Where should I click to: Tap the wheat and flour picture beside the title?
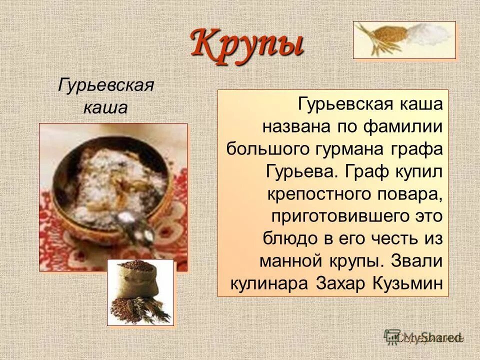(x=404, y=40)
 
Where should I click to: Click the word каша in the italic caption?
(x=105, y=107)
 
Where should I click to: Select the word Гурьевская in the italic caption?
(x=105, y=84)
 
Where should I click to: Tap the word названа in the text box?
(x=292, y=126)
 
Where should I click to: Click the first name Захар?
(x=342, y=283)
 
